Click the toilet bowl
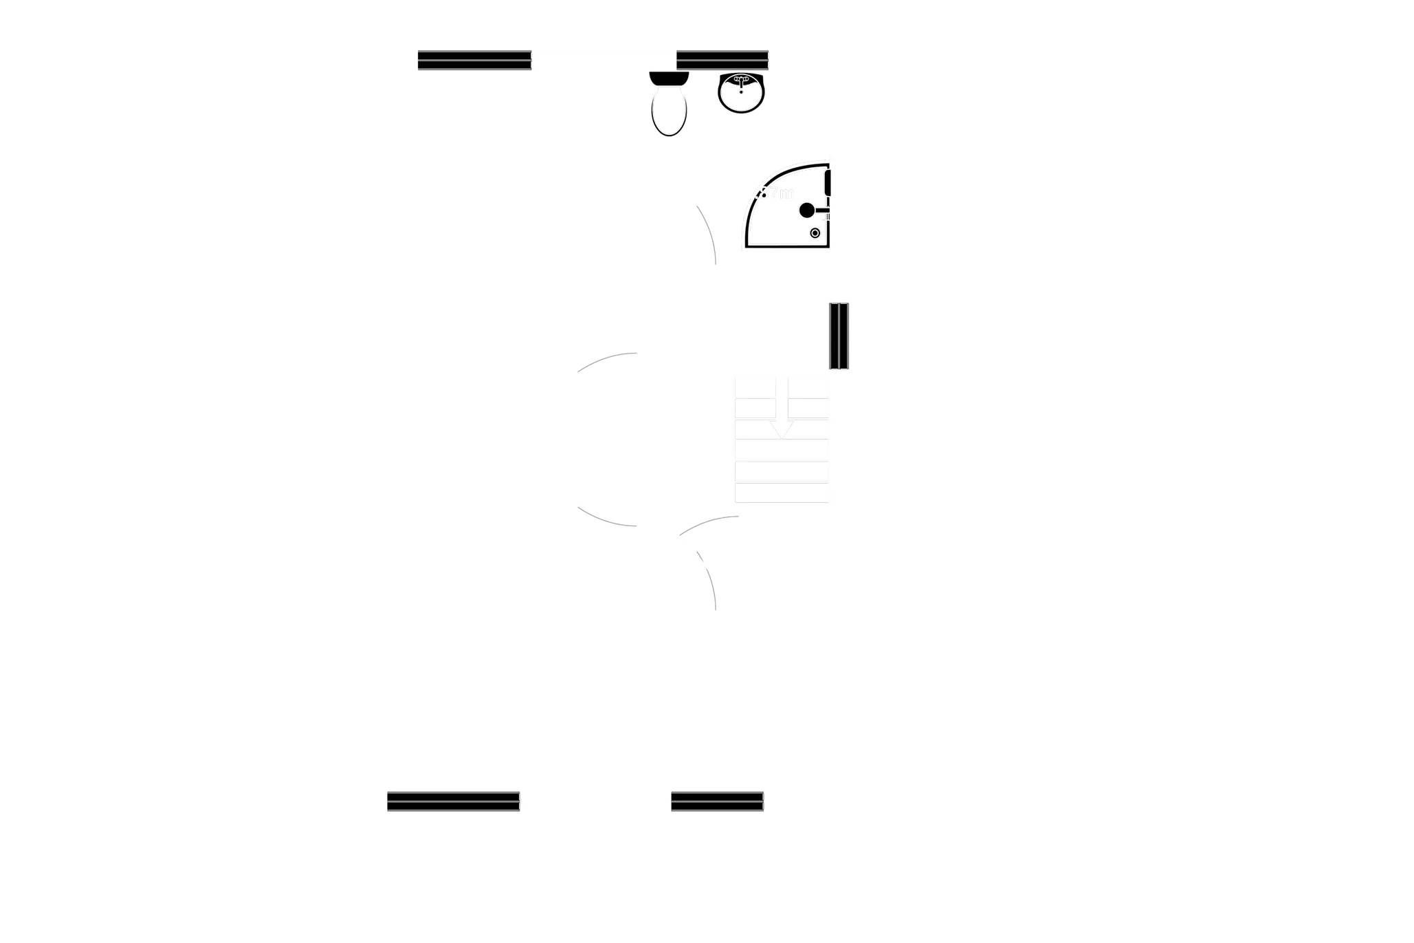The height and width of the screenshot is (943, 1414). [x=668, y=111]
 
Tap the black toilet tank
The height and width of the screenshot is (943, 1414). [x=669, y=78]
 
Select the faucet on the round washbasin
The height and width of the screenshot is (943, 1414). [x=741, y=80]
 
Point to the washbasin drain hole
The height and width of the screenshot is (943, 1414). [x=741, y=91]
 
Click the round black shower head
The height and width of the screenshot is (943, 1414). [x=806, y=210]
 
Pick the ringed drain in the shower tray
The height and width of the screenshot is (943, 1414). [x=815, y=233]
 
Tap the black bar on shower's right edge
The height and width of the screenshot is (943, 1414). [x=829, y=182]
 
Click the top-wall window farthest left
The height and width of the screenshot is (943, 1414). [x=474, y=61]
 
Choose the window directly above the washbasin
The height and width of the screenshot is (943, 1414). [x=722, y=61]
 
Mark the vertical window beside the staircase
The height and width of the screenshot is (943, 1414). [x=839, y=336]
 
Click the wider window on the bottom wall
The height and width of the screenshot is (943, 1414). [x=453, y=801]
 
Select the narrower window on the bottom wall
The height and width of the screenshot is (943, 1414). [x=717, y=801]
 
